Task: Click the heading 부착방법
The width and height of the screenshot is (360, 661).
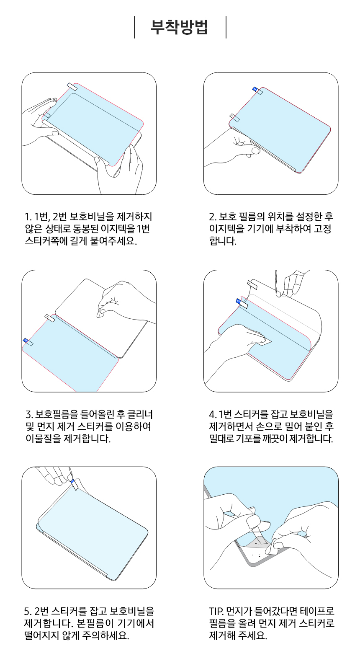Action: [x=179, y=28]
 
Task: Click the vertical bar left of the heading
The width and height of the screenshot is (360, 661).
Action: [x=134, y=27]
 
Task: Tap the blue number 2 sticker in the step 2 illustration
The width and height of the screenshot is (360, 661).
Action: [x=255, y=89]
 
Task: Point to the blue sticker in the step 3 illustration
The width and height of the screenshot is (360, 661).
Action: [x=26, y=340]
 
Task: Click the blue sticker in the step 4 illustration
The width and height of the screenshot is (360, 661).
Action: [x=238, y=301]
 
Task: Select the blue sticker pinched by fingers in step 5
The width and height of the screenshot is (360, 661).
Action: [x=72, y=481]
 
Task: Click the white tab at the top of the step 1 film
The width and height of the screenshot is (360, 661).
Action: [x=72, y=87]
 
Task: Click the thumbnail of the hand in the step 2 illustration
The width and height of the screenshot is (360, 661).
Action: [x=255, y=151]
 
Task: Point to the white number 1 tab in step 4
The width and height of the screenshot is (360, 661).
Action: [x=252, y=285]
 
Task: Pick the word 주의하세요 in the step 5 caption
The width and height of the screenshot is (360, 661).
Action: [x=105, y=635]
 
